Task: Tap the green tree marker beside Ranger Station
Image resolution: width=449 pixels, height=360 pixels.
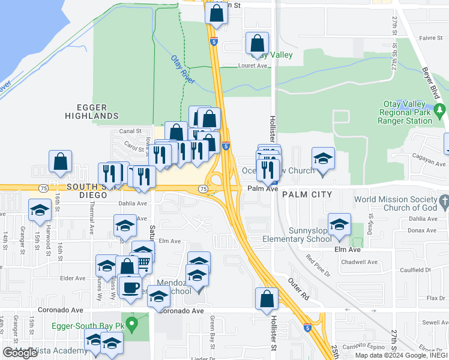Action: (441, 110)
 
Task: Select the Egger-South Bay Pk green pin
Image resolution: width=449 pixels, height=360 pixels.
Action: (134, 325)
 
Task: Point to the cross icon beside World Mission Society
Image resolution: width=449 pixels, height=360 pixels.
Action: (443, 200)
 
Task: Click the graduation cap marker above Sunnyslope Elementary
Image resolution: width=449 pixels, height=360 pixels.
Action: (340, 224)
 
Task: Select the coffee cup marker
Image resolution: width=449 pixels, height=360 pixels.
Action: (130, 287)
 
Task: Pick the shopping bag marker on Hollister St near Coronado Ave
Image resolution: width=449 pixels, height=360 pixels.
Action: (267, 299)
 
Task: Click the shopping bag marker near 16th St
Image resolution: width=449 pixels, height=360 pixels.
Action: (60, 161)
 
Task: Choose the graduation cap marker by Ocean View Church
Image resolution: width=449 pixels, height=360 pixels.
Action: (323, 159)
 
